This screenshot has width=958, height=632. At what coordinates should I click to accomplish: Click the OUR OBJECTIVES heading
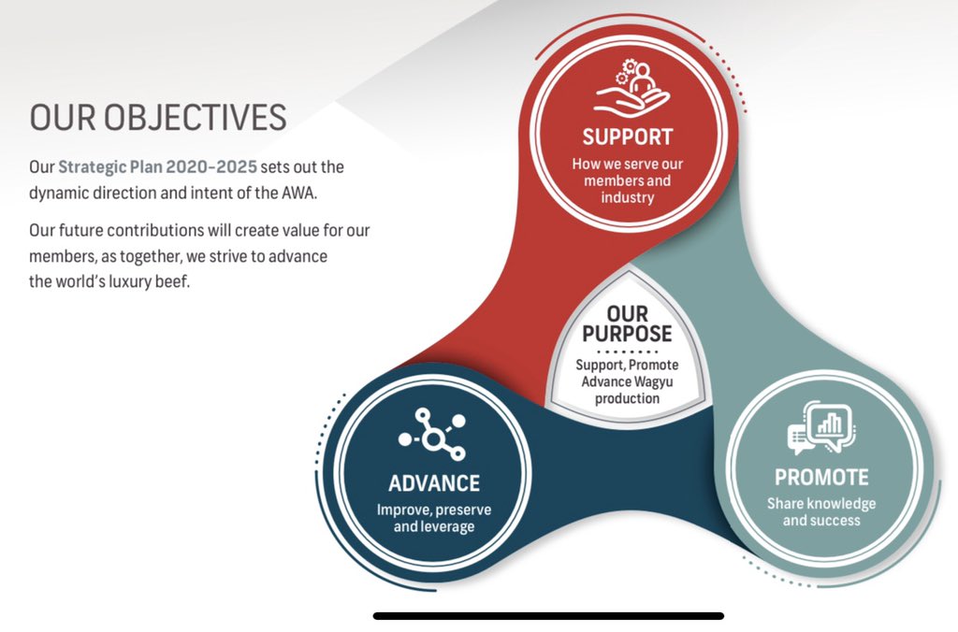(x=158, y=118)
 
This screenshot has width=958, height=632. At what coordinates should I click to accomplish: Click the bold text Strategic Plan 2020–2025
(x=157, y=167)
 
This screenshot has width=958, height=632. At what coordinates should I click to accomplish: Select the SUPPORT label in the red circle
(x=627, y=136)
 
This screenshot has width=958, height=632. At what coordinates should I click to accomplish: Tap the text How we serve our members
(x=627, y=172)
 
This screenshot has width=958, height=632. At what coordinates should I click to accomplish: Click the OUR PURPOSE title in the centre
(x=627, y=323)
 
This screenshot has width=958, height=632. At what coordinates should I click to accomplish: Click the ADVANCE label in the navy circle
(x=433, y=483)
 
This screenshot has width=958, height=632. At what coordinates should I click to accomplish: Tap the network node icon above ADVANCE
(x=432, y=435)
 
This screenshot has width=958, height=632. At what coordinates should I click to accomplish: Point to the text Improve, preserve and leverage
(x=433, y=518)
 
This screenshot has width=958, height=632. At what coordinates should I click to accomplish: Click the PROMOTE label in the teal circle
(x=821, y=477)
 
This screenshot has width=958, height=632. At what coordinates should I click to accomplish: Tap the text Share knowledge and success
(x=821, y=511)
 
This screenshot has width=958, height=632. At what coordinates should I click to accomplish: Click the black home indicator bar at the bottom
(x=548, y=616)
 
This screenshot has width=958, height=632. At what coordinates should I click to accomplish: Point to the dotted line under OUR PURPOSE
(x=627, y=351)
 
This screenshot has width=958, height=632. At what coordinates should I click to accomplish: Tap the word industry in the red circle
(x=628, y=197)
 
